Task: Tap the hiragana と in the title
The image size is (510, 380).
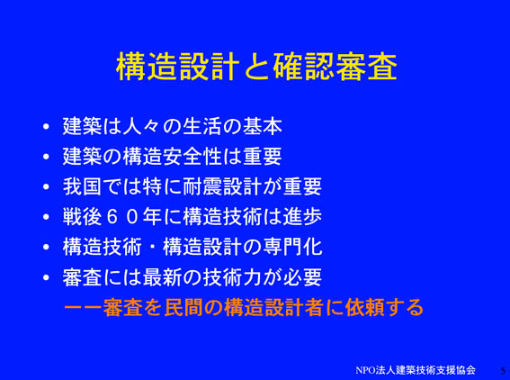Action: coord(256,67)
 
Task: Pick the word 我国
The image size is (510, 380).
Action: coord(82,186)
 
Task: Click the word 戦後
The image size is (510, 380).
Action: coord(82,217)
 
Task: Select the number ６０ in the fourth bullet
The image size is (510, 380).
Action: coord(122,217)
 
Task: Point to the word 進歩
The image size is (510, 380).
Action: coord(302,217)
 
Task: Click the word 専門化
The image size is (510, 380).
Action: coord(292,247)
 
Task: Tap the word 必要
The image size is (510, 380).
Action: coord(302,277)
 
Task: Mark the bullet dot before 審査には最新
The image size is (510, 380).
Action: coord(46,277)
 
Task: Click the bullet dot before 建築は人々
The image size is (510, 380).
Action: coord(46,126)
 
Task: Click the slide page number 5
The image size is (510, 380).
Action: coord(503,371)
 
